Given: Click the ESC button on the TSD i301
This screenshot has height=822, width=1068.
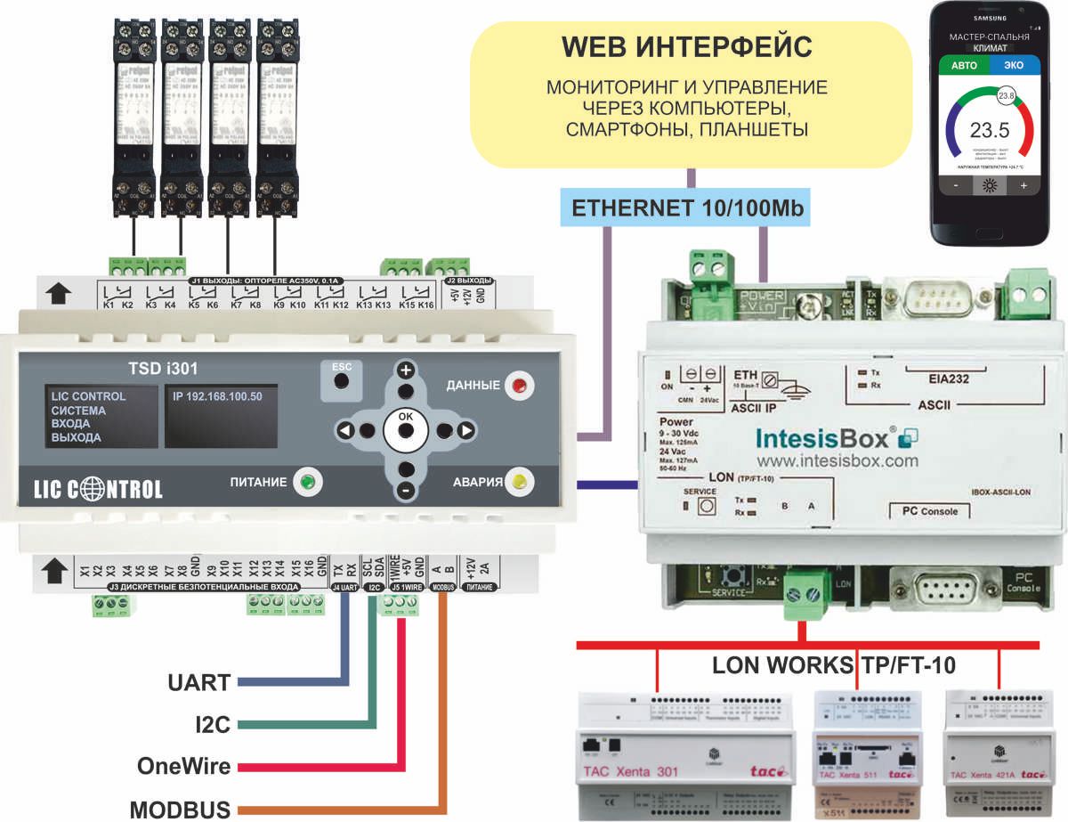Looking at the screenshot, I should (x=340, y=380).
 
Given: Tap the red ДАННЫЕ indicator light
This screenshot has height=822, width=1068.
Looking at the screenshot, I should (x=518, y=387).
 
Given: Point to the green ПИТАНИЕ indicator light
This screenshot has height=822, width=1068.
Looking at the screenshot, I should (x=308, y=483).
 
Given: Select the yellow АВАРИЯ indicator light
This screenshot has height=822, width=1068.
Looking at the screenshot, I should (x=519, y=483).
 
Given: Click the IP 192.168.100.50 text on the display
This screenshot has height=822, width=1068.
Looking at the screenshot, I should (x=218, y=396).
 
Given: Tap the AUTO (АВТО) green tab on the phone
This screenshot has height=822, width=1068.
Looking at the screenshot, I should (x=963, y=65).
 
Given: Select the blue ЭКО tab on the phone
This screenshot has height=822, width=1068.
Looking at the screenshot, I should (x=1013, y=65).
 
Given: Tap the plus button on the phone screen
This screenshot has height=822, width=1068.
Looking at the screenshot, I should (x=1023, y=186).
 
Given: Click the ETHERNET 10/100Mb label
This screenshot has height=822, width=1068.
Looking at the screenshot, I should (x=687, y=208).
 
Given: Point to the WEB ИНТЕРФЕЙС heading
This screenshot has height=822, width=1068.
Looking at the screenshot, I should (x=687, y=46).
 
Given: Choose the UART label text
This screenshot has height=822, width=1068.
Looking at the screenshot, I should (x=199, y=683).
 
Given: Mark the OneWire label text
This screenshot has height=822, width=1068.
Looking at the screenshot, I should (x=184, y=766).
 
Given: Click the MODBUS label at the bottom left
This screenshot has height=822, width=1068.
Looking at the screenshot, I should (x=181, y=810).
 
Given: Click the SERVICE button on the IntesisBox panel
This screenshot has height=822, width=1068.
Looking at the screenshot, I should (x=708, y=506).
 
